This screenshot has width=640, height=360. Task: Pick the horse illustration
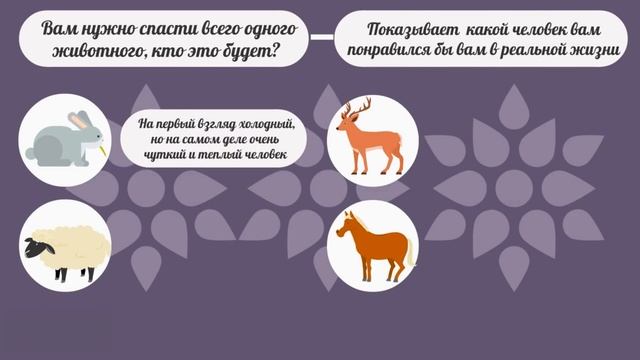(x=371, y=246)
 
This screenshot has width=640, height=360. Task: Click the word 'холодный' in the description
(x=263, y=124)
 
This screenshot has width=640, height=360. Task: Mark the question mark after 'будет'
(x=278, y=51)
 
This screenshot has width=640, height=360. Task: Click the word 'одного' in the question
(x=272, y=28)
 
